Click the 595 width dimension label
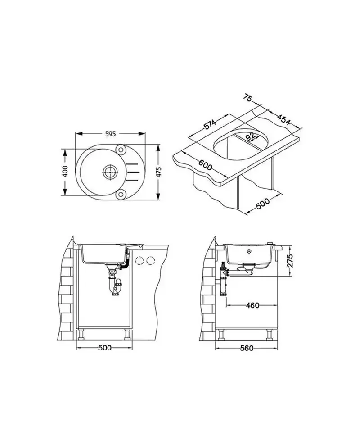click(110, 134)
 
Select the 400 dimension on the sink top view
click(65, 172)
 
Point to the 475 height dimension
click(159, 172)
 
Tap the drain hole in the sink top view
click(109, 172)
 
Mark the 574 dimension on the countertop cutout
click(210, 125)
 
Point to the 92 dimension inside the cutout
click(250, 136)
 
